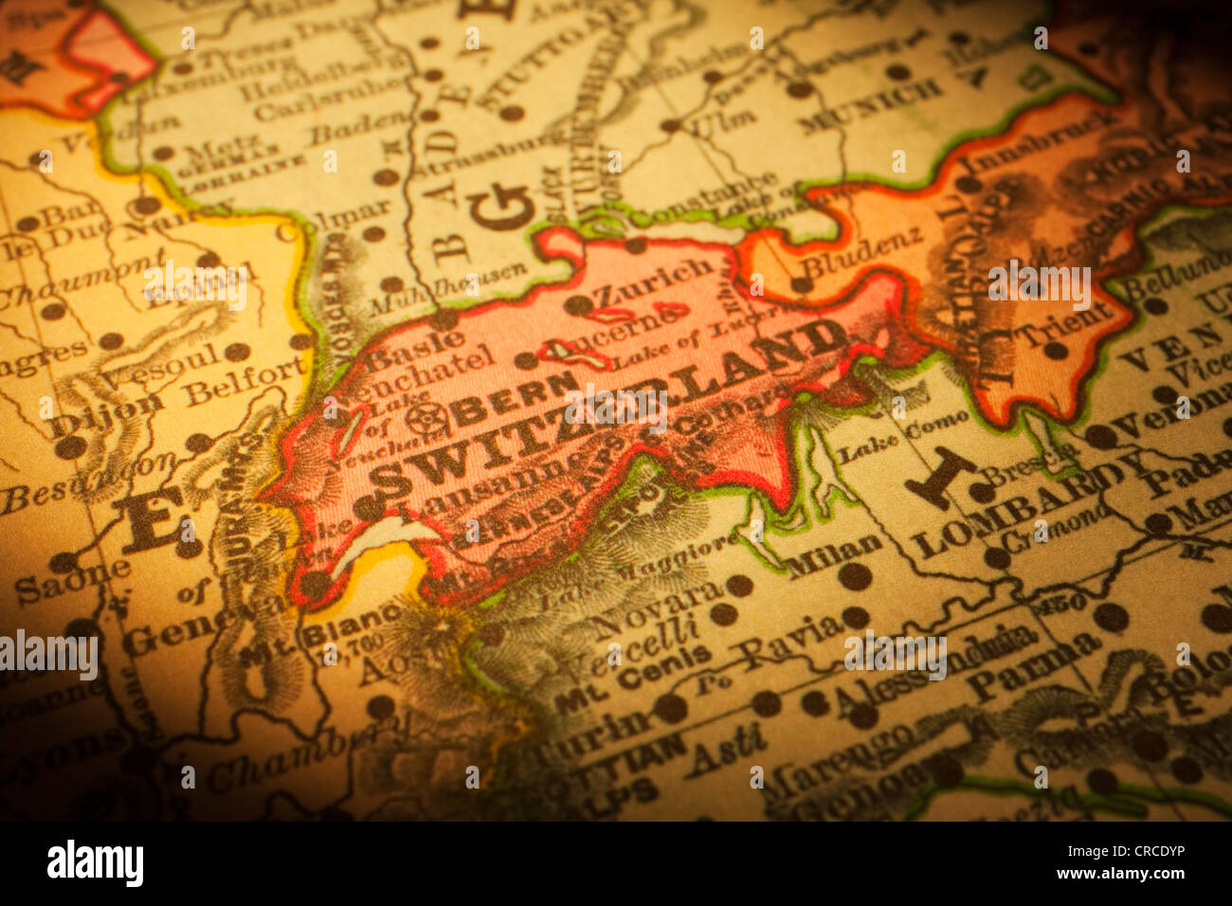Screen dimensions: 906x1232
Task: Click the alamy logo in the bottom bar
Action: point(95,863)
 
